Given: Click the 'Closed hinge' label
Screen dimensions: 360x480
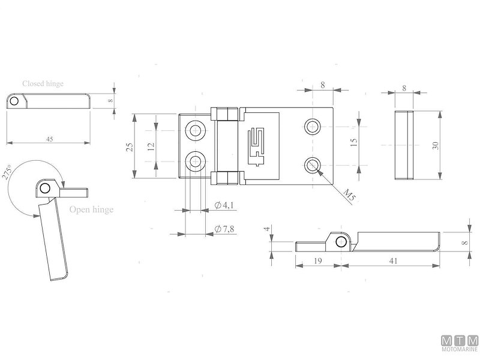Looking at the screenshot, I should (43, 84).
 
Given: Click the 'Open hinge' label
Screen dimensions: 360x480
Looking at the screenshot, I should (91, 210).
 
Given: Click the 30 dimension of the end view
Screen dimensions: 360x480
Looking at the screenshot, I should (436, 145).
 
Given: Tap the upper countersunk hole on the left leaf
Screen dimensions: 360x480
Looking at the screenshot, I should (195, 130).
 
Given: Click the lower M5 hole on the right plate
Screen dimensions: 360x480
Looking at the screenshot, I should (312, 164).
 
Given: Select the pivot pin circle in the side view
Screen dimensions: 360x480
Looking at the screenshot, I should (341, 241).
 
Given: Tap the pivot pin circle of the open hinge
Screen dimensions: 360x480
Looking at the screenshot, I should (45, 189).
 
